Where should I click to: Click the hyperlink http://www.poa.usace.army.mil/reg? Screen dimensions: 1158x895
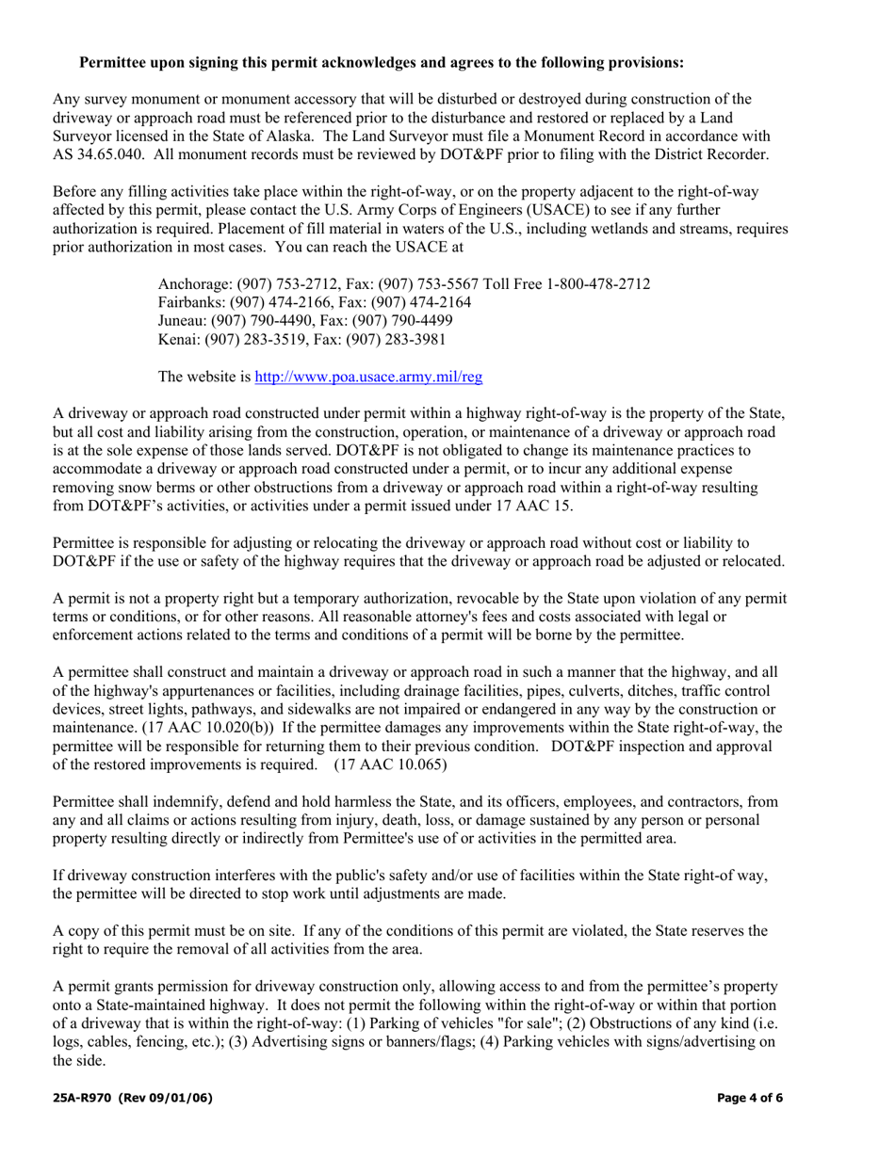tap(369, 377)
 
